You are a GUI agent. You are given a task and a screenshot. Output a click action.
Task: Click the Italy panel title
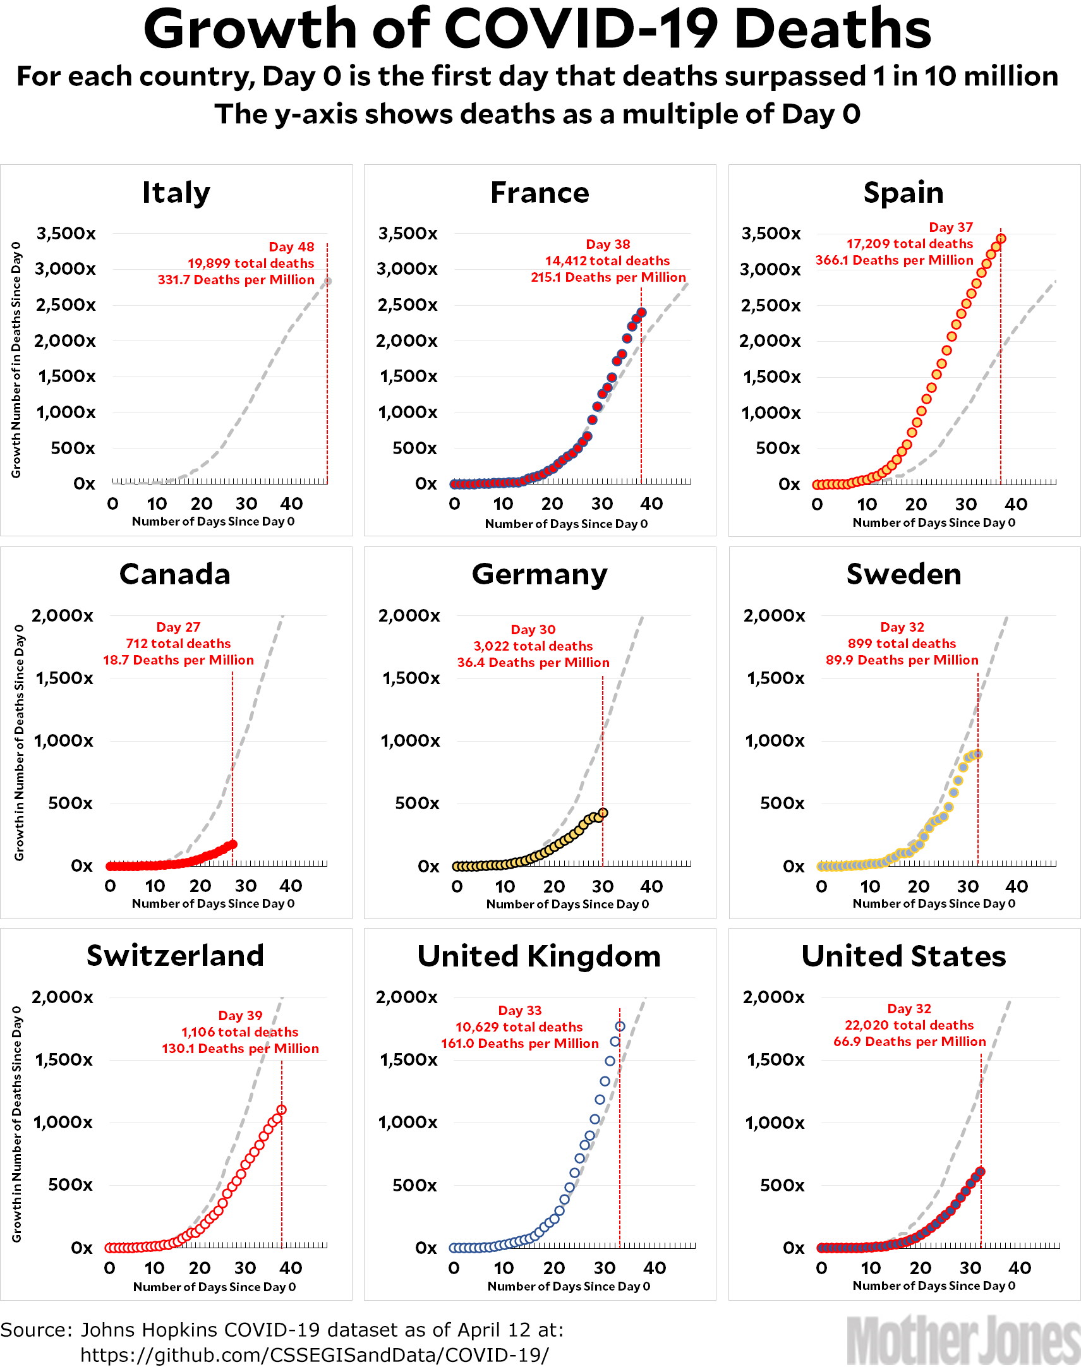[176, 193]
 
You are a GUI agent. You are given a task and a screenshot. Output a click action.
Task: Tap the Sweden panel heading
[903, 574]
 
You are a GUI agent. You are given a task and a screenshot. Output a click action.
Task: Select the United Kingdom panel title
[538, 956]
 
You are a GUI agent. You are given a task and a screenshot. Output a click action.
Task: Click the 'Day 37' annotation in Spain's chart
[950, 227]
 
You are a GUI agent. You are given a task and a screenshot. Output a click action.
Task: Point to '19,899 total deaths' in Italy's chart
[251, 263]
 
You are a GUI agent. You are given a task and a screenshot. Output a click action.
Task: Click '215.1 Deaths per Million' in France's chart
[608, 277]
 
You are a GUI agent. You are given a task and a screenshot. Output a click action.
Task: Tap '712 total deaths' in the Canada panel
[178, 644]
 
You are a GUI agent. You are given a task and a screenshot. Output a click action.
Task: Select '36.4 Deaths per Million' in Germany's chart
[533, 663]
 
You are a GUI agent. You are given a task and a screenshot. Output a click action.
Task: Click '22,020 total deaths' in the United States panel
[909, 1025]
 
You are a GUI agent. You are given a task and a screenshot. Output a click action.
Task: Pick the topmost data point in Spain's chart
[1001, 239]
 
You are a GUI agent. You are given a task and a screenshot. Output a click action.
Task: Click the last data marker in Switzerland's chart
[282, 1109]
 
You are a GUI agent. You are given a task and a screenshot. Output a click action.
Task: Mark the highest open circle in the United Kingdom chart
[620, 1027]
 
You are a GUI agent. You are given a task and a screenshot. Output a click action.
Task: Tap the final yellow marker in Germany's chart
[603, 812]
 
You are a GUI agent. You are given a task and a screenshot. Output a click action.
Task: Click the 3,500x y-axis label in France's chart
[408, 234]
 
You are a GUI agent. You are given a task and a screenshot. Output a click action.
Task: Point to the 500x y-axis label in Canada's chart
[70, 804]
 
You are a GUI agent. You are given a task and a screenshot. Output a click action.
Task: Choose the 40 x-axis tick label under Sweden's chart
[1017, 887]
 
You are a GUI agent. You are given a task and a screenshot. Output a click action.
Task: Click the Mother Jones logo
[963, 1339]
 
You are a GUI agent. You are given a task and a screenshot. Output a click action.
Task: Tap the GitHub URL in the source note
[315, 1355]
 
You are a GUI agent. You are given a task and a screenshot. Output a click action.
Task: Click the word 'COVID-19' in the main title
[581, 28]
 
